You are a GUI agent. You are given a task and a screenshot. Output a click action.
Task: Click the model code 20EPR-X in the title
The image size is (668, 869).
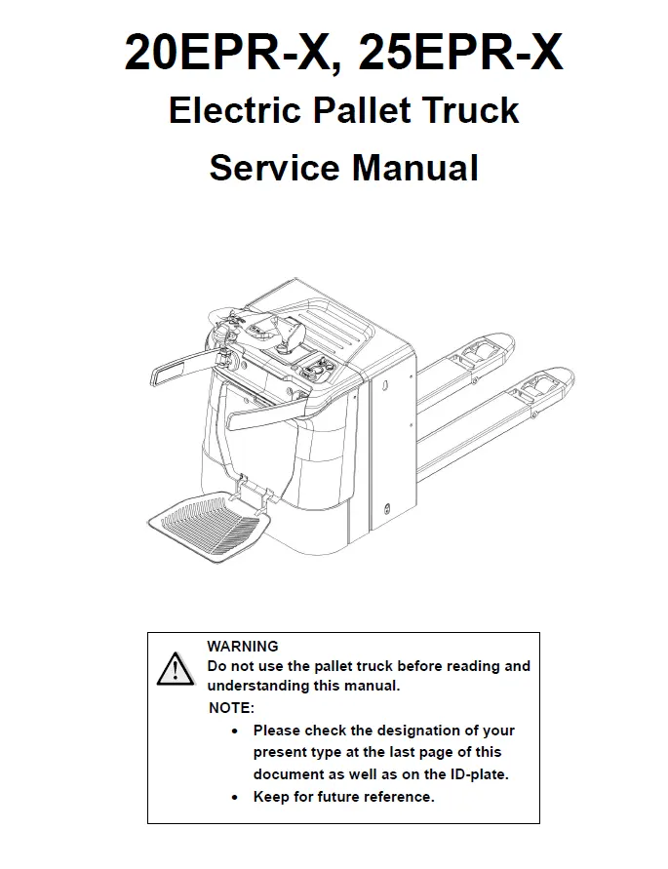pos(227,54)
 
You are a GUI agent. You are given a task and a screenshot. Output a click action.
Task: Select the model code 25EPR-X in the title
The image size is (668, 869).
pos(461,52)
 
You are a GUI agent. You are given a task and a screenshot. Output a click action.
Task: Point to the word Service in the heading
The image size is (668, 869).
pos(274,168)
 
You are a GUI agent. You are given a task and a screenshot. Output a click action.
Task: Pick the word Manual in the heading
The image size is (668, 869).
pos(415,168)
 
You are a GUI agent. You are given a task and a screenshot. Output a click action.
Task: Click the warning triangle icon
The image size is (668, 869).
pos(176,669)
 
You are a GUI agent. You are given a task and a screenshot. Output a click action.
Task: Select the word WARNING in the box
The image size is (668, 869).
pos(243,647)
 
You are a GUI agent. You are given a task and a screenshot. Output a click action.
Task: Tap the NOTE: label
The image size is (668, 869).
pos(231,708)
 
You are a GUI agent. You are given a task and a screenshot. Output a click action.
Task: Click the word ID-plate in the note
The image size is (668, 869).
pos(480,774)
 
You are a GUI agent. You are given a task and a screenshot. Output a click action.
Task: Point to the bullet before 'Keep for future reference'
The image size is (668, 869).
pos(235,798)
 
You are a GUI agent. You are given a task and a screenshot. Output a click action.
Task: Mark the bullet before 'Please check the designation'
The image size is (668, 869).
pos(235,731)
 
